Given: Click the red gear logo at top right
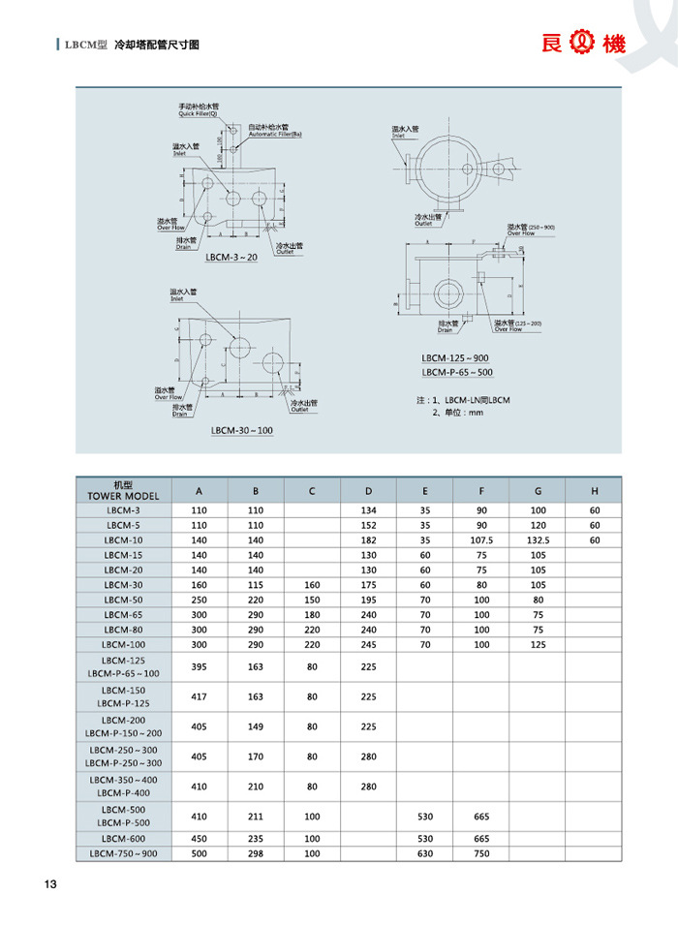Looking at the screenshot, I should pyautogui.click(x=583, y=43).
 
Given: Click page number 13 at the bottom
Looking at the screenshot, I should pyautogui.click(x=50, y=884).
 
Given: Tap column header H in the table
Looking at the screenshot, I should pyautogui.click(x=595, y=490).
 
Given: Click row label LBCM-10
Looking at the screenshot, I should pyautogui.click(x=123, y=540).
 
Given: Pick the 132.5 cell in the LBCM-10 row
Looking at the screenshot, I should pyautogui.click(x=539, y=540).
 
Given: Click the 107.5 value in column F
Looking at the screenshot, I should pyautogui.click(x=481, y=540).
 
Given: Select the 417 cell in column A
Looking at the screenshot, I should pyautogui.click(x=200, y=696).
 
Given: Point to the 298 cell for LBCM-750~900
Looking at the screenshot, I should pyautogui.click(x=256, y=854).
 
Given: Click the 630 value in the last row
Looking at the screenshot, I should pyautogui.click(x=425, y=854).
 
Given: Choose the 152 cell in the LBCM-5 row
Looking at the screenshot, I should pyautogui.click(x=368, y=525).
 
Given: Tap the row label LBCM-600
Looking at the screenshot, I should pyautogui.click(x=123, y=839).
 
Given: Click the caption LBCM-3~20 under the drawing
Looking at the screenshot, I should pyautogui.click(x=231, y=259).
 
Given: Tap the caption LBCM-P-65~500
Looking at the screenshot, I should pyautogui.click(x=457, y=373).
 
